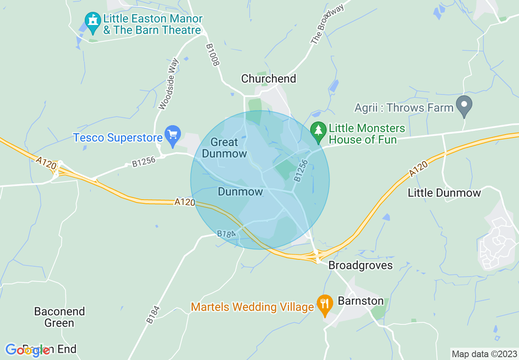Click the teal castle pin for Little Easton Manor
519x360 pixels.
pyautogui.click(x=93, y=20)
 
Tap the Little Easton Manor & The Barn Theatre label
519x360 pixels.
pyautogui.click(x=152, y=24)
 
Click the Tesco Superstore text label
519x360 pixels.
pyautogui.click(x=118, y=138)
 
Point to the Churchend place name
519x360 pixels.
pyautogui.click(x=269, y=79)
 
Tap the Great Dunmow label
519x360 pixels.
pyautogui.click(x=225, y=148)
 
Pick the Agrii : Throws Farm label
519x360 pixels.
pyautogui.click(x=404, y=108)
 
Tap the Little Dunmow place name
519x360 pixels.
pyautogui.click(x=444, y=193)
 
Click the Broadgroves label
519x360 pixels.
pyautogui.click(x=361, y=265)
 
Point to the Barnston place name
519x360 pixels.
pyautogui.click(x=361, y=301)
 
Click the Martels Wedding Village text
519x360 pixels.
pyautogui.click(x=253, y=306)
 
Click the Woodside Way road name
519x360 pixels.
pyautogui.click(x=169, y=84)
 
